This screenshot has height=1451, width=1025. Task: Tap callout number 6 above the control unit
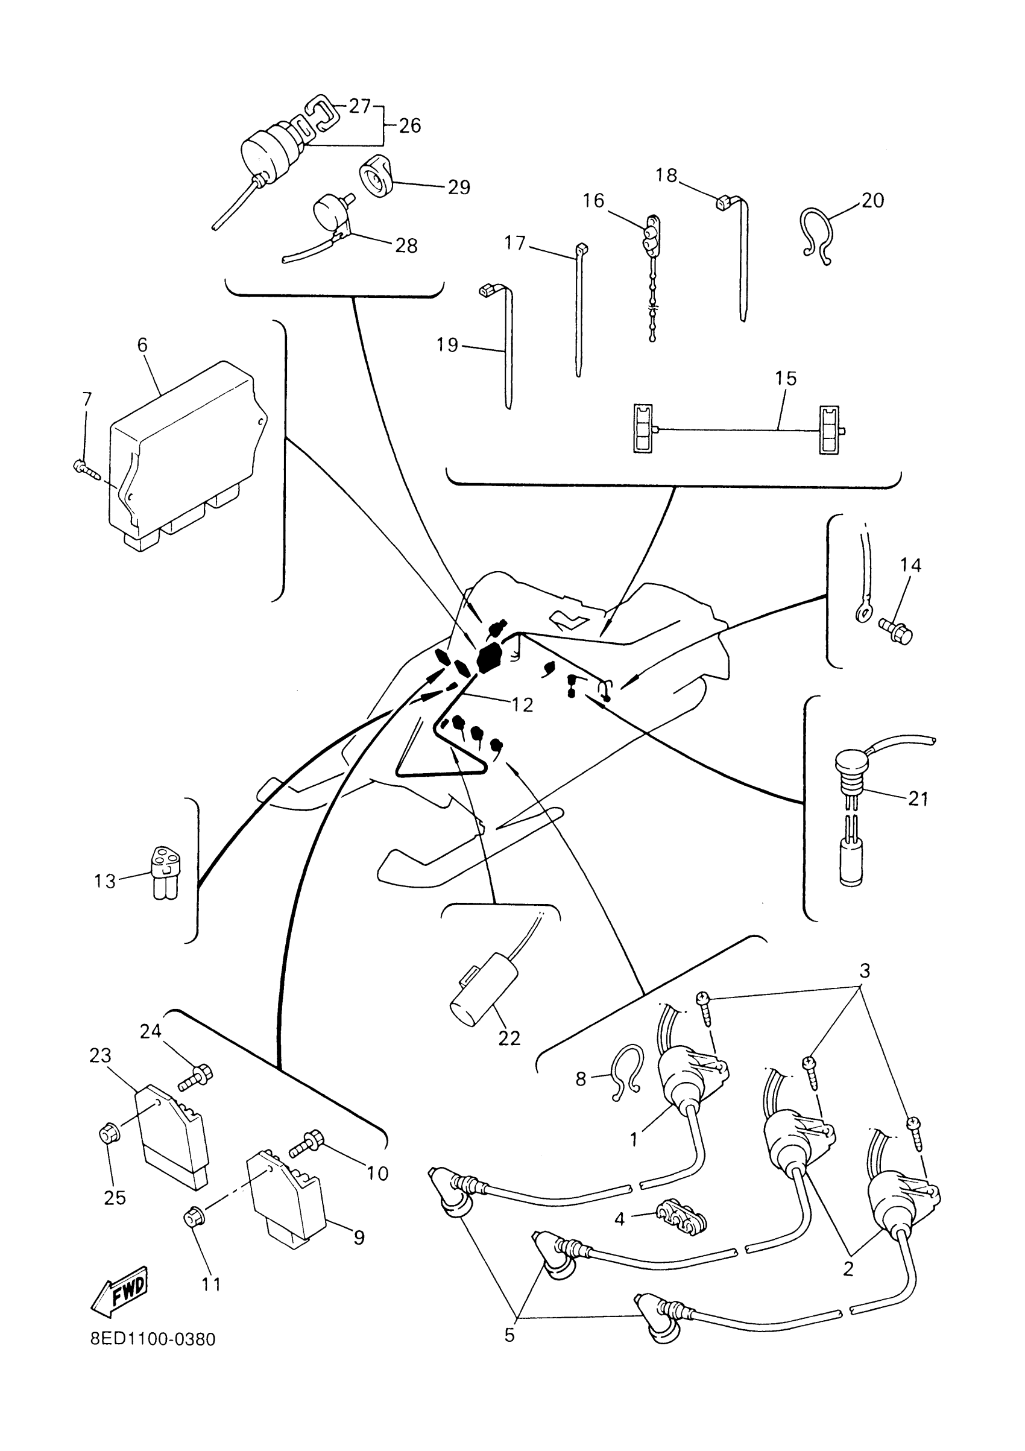[142, 345]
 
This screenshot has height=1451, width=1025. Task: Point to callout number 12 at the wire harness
[522, 704]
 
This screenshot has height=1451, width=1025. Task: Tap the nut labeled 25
[109, 1136]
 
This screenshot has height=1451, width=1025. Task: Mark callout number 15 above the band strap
[786, 379]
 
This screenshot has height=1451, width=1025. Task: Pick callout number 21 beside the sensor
[918, 800]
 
